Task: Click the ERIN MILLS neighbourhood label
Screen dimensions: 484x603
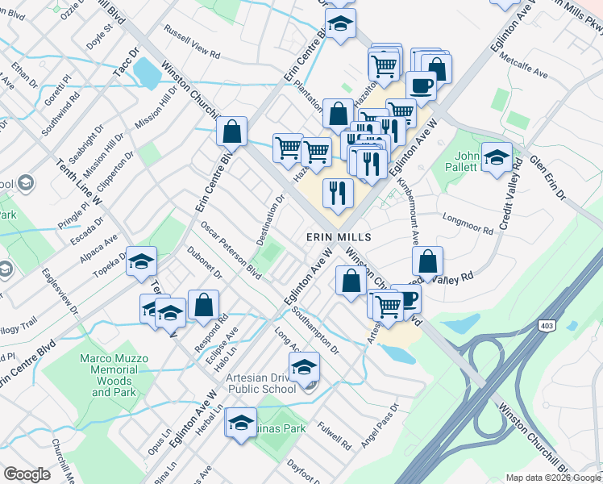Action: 339,237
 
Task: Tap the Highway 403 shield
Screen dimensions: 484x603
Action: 547,324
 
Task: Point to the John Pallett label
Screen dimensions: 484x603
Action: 468,162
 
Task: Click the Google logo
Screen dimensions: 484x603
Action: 27,474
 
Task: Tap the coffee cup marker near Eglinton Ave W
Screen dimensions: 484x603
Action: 420,84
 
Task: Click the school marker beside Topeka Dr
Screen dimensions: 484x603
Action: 141,261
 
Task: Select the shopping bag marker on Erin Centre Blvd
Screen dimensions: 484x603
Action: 231,131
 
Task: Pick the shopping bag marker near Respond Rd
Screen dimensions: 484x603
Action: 203,305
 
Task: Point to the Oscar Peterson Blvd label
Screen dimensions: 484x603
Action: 231,250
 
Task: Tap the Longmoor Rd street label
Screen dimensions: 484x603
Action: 468,223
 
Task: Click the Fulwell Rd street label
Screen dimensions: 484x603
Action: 335,436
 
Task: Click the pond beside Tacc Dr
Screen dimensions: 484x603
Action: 148,73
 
